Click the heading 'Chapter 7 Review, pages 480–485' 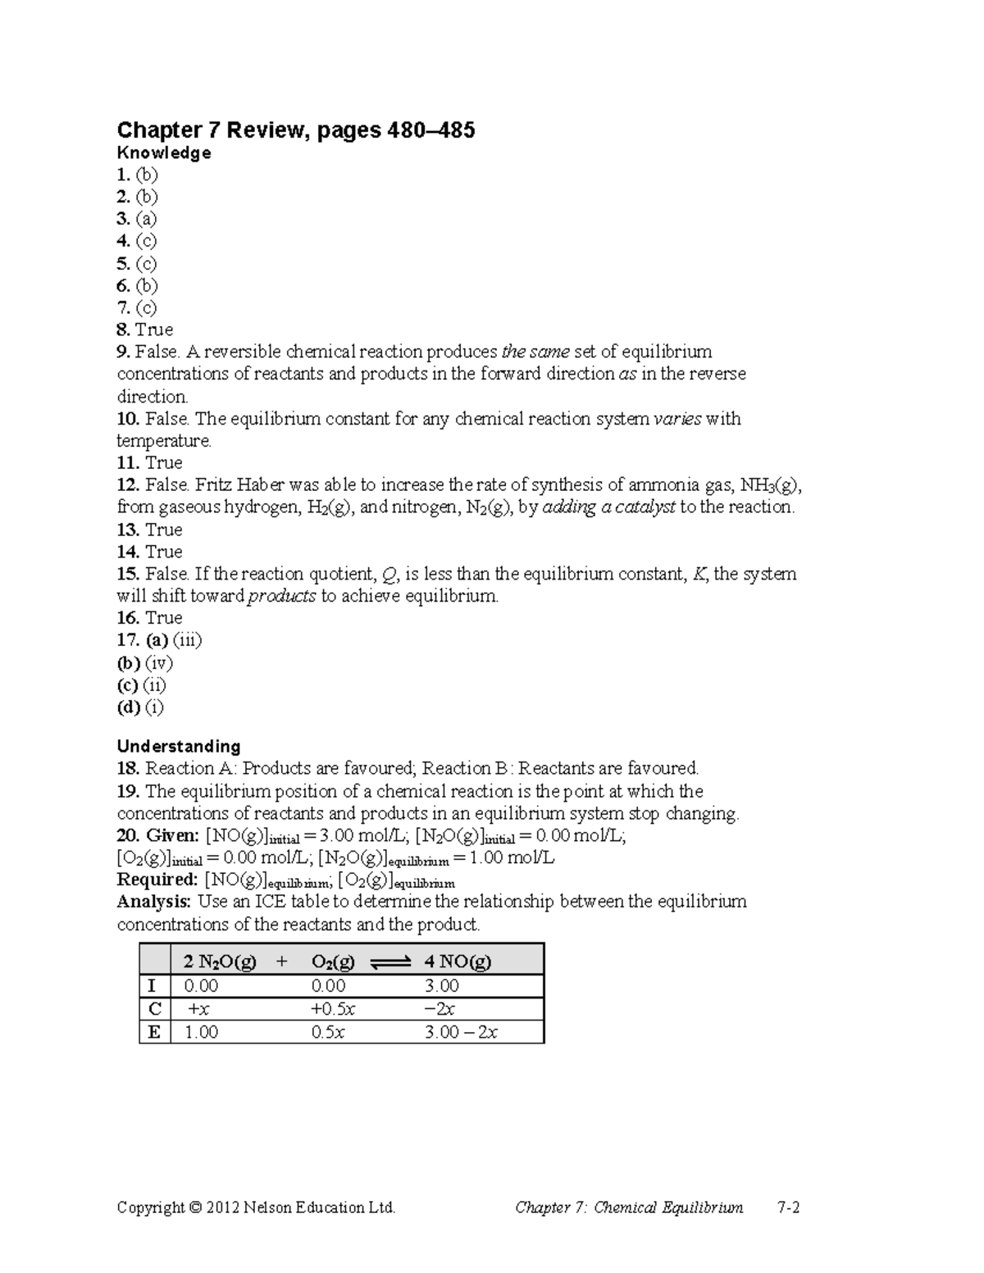[296, 130]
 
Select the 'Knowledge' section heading [164, 153]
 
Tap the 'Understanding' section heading [179, 746]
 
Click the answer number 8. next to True [124, 330]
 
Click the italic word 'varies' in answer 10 [676, 419]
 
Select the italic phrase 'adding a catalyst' [608, 507]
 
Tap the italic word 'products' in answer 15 [282, 596]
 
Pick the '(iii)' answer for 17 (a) [187, 640]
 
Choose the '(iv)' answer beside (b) [159, 662]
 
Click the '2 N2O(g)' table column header [220, 962]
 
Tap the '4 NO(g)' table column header [458, 962]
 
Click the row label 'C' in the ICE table [154, 1008]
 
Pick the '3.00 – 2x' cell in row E [461, 1032]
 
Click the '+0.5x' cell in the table [334, 1009]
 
